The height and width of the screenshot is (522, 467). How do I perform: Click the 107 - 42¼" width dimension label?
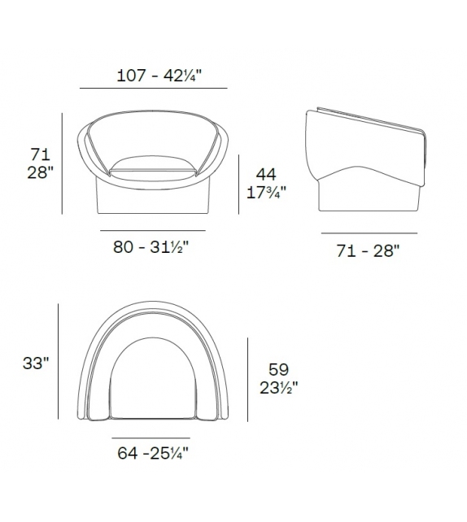pyautogui.click(x=155, y=76)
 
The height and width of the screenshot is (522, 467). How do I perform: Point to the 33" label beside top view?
pyautogui.click(x=37, y=364)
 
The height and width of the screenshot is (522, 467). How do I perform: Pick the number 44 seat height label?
pyautogui.click(x=266, y=174)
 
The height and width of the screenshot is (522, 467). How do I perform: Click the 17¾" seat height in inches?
pyautogui.click(x=266, y=194)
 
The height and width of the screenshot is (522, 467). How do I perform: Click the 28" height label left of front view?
pyautogui.click(x=40, y=172)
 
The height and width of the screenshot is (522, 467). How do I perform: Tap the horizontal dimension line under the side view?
pyautogui.click(x=369, y=233)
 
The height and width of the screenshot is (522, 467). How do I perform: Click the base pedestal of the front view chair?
pyautogui.click(x=154, y=195)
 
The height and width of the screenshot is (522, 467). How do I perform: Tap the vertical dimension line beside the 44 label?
pyautogui.click(x=240, y=185)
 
